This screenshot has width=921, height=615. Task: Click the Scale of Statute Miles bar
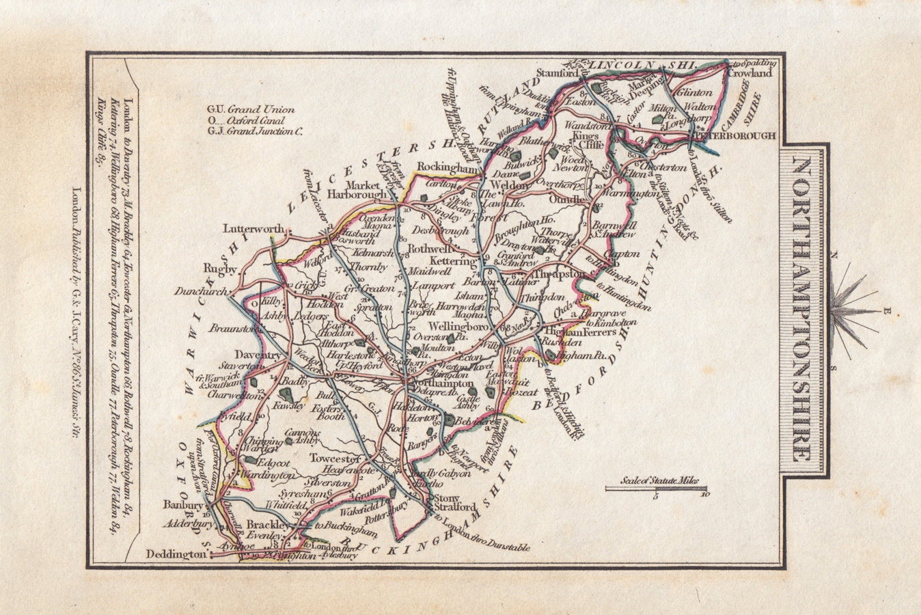tap(657, 488)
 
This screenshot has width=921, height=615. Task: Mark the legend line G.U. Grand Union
tap(251, 109)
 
